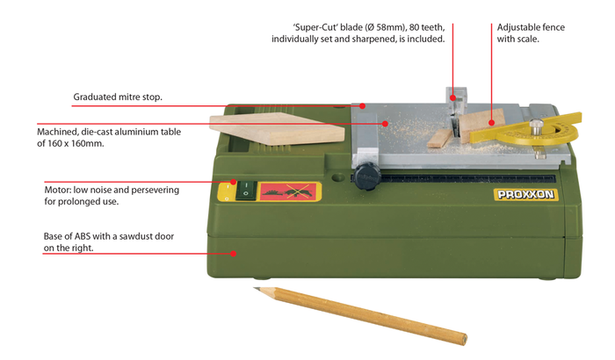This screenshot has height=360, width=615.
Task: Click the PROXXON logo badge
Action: [x=525, y=195]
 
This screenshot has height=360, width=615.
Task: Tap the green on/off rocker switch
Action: [x=246, y=191]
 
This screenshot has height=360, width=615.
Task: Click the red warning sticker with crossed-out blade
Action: [x=289, y=191]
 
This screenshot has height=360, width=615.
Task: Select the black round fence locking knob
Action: [x=366, y=176]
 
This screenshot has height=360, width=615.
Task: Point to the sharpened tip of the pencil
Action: [x=255, y=289]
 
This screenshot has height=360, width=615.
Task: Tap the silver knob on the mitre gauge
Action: [x=536, y=126]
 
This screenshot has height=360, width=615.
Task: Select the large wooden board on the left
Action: [x=277, y=128]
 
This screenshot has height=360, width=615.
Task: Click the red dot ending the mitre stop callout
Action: [x=362, y=106]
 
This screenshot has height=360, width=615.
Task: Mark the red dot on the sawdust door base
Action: [x=234, y=254]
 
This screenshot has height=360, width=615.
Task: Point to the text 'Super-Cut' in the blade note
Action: [x=315, y=27]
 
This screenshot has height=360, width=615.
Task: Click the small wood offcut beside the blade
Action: [x=439, y=139]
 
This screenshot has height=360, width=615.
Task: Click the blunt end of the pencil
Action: [x=464, y=339]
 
